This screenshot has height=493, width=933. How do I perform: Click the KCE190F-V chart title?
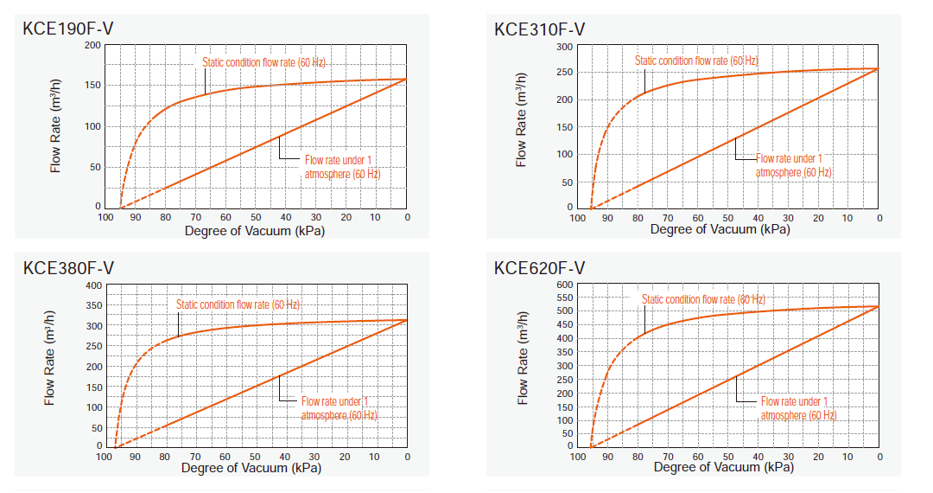coord(67,29)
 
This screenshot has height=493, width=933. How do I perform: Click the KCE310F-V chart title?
coord(539,29)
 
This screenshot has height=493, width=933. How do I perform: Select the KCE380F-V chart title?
coord(67,268)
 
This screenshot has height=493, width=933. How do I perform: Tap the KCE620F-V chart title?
coord(539,268)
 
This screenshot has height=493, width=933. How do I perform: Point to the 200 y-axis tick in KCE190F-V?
coord(92,45)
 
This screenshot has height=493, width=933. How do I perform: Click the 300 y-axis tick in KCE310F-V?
coord(564,46)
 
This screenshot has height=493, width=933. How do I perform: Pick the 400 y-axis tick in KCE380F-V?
coord(92,285)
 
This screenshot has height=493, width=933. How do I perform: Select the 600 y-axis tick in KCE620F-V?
coord(564,285)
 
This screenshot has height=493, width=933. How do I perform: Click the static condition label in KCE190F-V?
coord(263,62)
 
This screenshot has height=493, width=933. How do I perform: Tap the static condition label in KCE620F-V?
coord(703,299)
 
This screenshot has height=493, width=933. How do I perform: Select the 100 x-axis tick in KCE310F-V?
coord(577,218)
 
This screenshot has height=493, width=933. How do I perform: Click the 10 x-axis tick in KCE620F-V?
coord(849,457)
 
